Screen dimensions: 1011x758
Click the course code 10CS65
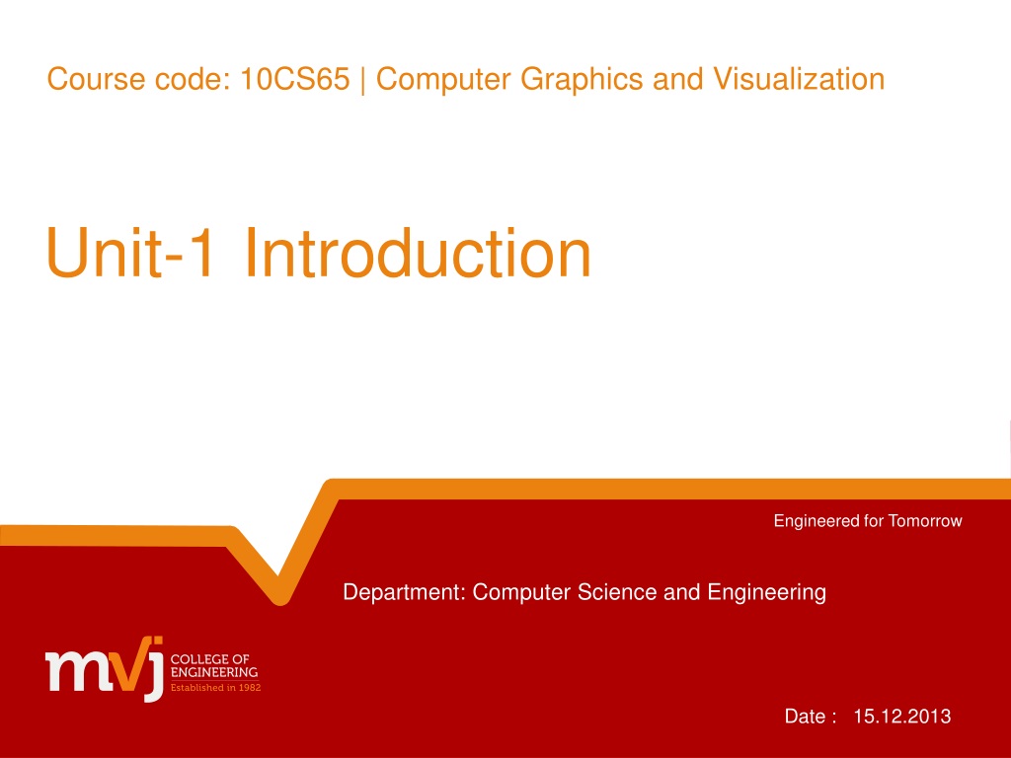pyautogui.click(x=294, y=79)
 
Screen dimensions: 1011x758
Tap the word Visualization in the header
pyautogui.click(x=798, y=79)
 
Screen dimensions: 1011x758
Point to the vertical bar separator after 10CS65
pyautogui.click(x=363, y=81)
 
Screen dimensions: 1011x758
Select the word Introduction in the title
pyautogui.click(x=418, y=253)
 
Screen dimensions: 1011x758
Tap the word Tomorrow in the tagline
pyautogui.click(x=924, y=521)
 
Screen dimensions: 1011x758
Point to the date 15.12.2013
pyautogui.click(x=902, y=717)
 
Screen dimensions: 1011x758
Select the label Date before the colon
pyautogui.click(x=805, y=717)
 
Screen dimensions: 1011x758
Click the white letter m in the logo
pyautogui.click(x=73, y=671)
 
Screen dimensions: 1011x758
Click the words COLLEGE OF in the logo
pyautogui.click(x=209, y=659)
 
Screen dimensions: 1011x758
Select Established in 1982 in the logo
pyautogui.click(x=215, y=688)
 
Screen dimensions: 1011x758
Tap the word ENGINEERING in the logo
pyautogui.click(x=214, y=672)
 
